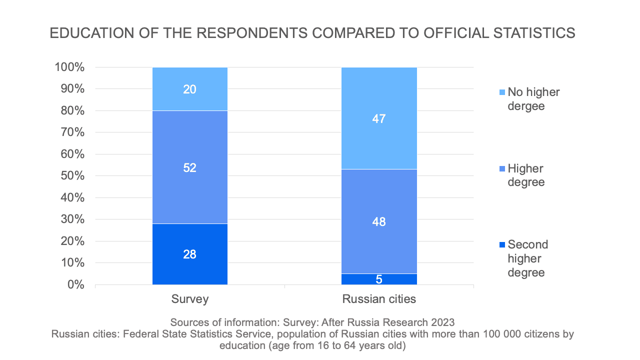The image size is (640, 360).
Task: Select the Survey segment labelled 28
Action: [x=190, y=254]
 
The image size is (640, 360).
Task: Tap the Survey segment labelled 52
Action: [x=190, y=167]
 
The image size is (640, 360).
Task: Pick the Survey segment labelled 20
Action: [x=190, y=89]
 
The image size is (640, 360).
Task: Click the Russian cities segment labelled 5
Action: [x=379, y=279]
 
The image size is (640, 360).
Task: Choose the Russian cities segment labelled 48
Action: [x=379, y=221]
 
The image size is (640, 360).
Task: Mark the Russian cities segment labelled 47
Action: [x=379, y=118]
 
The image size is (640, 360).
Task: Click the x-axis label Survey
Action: [x=190, y=299]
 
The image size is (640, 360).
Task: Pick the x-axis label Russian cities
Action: [x=379, y=299]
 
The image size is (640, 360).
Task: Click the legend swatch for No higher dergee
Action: [x=502, y=92]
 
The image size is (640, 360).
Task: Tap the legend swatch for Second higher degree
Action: [x=502, y=245]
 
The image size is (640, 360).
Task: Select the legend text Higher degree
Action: [x=526, y=175]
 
